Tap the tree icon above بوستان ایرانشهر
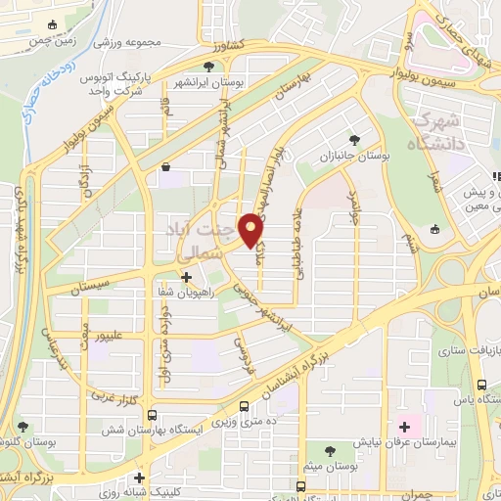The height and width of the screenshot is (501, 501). click(208, 67)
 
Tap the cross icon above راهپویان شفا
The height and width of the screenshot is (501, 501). click(185, 277)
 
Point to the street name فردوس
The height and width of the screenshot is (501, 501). click(243, 352)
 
